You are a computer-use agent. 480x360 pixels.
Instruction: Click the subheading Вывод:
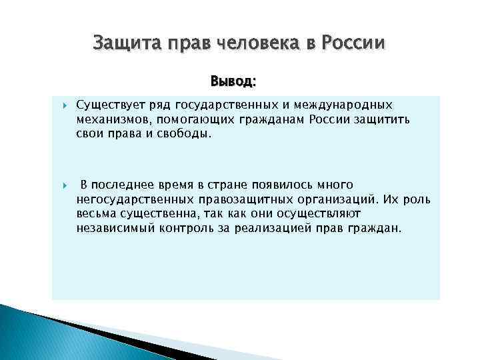(233, 82)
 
